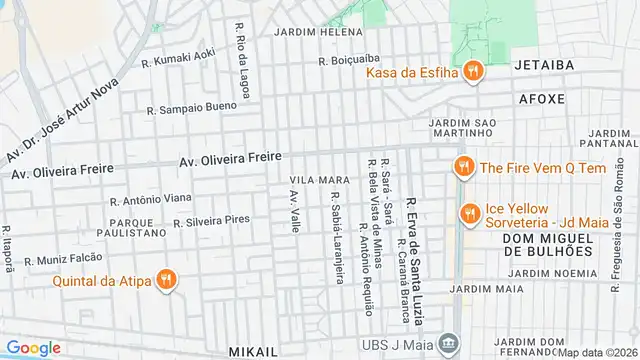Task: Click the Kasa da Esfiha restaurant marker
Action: pos(474,73)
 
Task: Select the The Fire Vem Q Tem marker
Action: pos(463,168)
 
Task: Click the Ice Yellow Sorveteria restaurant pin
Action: pos(468,213)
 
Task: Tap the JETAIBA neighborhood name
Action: pos(543,65)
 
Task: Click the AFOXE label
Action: pos(543,100)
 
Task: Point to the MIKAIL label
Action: pos(254,352)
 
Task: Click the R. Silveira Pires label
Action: pos(211,220)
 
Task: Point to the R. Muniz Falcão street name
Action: pos(64,259)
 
